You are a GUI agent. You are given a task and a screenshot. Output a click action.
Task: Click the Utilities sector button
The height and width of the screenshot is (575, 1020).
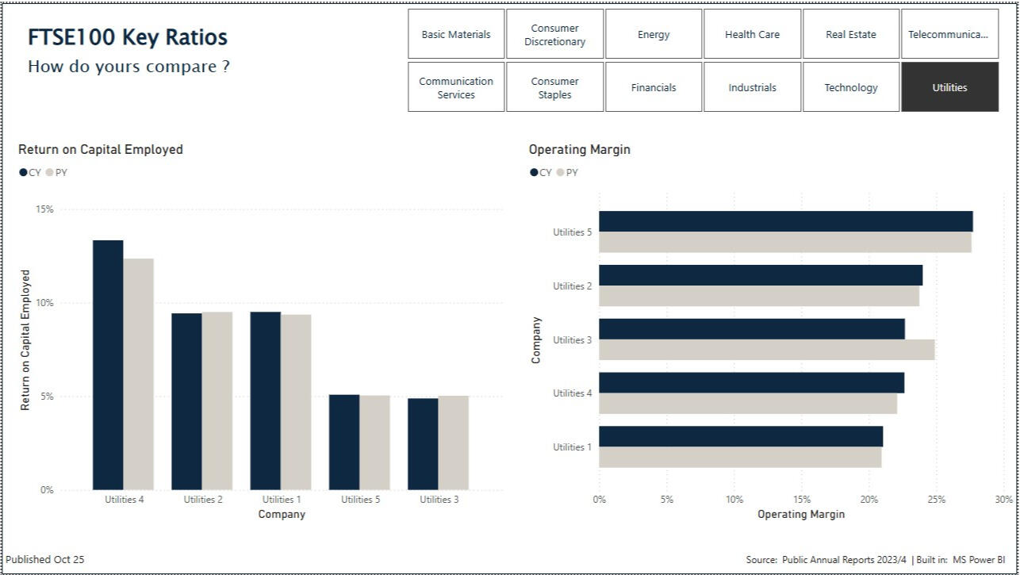[x=949, y=87]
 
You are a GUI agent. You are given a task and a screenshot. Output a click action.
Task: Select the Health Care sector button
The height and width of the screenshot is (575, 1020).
[x=752, y=34]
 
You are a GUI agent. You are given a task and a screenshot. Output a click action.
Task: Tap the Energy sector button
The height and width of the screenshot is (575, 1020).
[x=654, y=34]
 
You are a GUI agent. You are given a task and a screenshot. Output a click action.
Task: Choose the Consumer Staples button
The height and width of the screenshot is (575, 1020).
[x=554, y=87]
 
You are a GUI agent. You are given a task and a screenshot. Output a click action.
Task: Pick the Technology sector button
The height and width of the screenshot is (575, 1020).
[x=850, y=87]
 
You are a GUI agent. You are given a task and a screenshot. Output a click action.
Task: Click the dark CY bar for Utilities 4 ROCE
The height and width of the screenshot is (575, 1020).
[x=108, y=365]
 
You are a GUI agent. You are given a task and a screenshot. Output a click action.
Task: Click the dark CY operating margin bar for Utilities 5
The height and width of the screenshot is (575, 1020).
[x=785, y=221]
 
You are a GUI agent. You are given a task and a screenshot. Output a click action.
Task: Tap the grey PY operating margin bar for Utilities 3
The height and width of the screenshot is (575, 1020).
[x=766, y=350]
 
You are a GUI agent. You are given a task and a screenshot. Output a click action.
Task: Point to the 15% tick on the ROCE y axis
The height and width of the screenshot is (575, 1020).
[x=44, y=209]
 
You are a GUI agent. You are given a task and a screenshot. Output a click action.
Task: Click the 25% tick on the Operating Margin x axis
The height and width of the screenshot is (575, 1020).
[x=936, y=500]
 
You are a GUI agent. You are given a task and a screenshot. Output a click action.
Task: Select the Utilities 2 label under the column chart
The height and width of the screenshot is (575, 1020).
[x=203, y=500]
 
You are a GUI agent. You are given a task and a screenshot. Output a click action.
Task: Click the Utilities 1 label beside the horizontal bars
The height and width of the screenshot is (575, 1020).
[x=572, y=447]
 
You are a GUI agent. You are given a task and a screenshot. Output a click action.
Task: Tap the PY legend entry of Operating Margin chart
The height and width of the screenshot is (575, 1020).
[x=568, y=172]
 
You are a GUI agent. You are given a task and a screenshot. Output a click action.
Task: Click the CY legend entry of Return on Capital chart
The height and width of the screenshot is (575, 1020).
[x=30, y=172]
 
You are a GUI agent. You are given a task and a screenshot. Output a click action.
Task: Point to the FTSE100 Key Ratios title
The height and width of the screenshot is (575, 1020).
[x=128, y=37]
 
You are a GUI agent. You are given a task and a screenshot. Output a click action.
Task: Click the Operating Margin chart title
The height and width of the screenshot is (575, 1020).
[x=579, y=149]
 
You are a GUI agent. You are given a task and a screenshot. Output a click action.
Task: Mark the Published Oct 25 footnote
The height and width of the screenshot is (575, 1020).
[x=45, y=559]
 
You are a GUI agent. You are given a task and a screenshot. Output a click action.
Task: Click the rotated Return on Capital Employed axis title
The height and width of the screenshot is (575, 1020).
[x=25, y=340]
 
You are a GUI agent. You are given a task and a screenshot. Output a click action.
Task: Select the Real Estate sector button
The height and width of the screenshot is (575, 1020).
[x=850, y=34]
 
